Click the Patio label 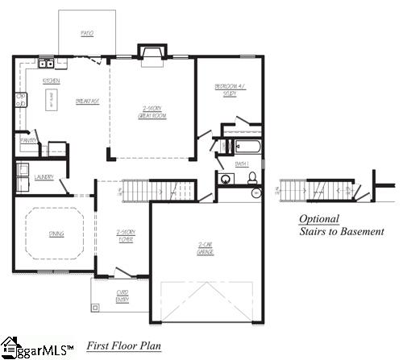pyautogui.click(x=87, y=34)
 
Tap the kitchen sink pyautogui.click(x=48, y=64)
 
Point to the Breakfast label pyautogui.click(x=87, y=101)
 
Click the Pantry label pyautogui.click(x=29, y=140)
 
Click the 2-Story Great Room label pyautogui.click(x=152, y=114)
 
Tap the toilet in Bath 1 pyautogui.click(x=251, y=178)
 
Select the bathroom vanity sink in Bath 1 pyautogui.click(x=223, y=179)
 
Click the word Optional pyautogui.click(x=319, y=218)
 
